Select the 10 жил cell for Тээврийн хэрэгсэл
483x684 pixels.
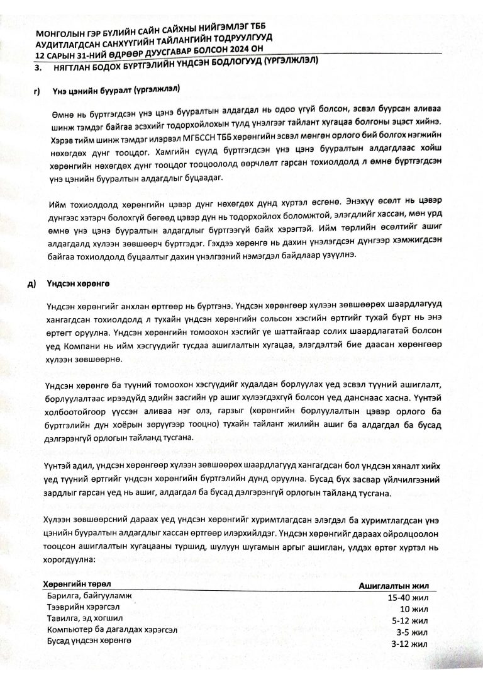pyautogui.click(x=414, y=609)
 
